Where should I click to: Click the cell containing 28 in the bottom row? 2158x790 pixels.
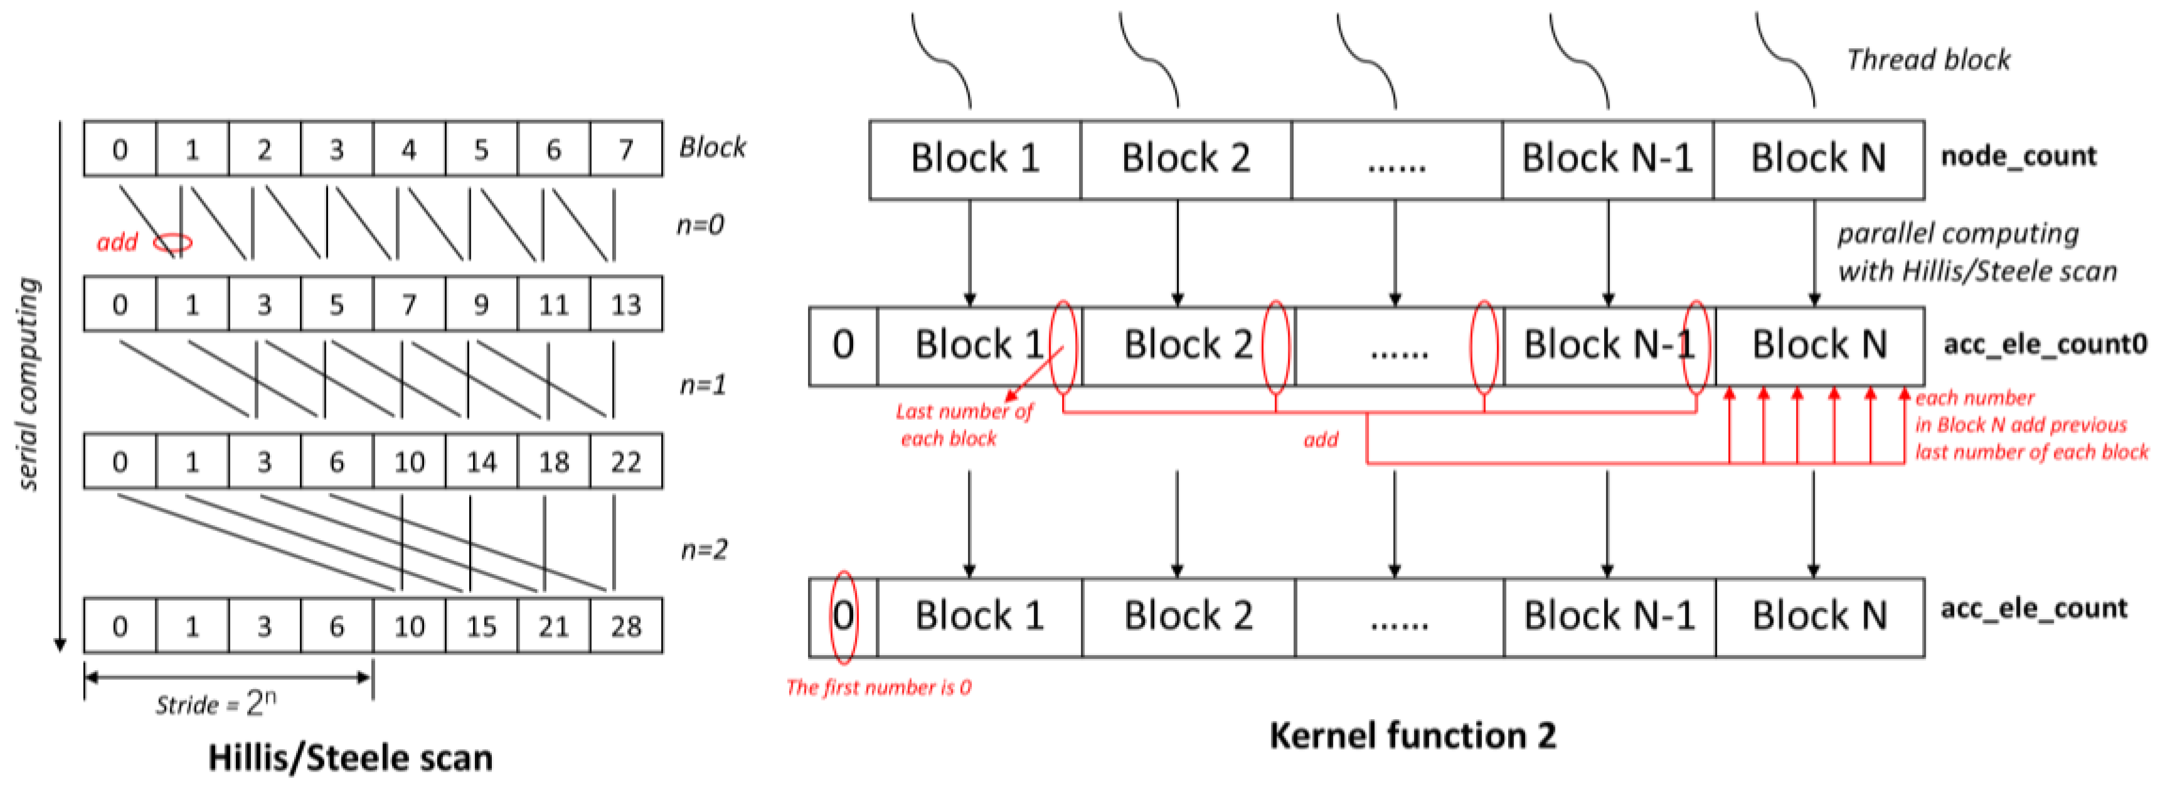coord(626,626)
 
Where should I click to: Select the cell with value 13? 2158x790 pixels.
coord(626,304)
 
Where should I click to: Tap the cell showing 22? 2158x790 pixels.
coord(626,462)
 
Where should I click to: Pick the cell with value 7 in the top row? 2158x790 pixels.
coord(626,149)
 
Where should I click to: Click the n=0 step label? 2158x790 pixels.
coord(700,225)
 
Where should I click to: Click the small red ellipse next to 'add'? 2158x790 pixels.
coord(173,243)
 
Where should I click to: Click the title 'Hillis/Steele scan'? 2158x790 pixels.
coord(350,757)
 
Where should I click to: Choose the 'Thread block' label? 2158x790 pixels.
coord(1928,60)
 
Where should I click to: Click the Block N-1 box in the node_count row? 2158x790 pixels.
coord(1607,158)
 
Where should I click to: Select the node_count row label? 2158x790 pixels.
coord(2018,156)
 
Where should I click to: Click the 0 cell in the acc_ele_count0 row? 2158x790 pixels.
coord(842,345)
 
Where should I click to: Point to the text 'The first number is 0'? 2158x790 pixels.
coord(878,688)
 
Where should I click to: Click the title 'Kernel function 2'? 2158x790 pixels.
coord(1412,735)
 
